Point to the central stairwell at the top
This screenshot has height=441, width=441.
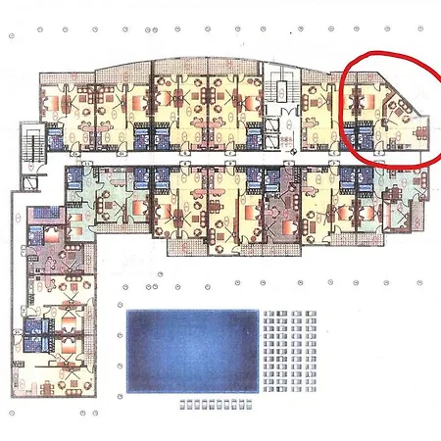[280, 93]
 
